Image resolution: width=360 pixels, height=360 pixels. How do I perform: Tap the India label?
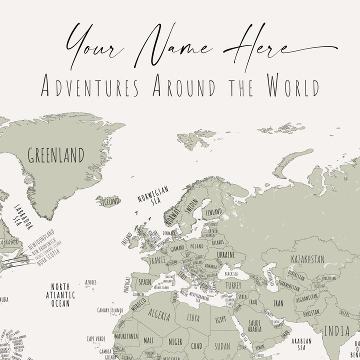(337, 330)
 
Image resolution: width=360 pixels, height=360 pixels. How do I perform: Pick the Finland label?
(213, 212)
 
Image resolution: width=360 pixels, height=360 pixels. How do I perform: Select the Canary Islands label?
(110, 310)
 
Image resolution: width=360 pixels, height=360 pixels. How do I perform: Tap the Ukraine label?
(224, 254)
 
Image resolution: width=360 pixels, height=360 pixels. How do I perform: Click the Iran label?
(277, 303)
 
